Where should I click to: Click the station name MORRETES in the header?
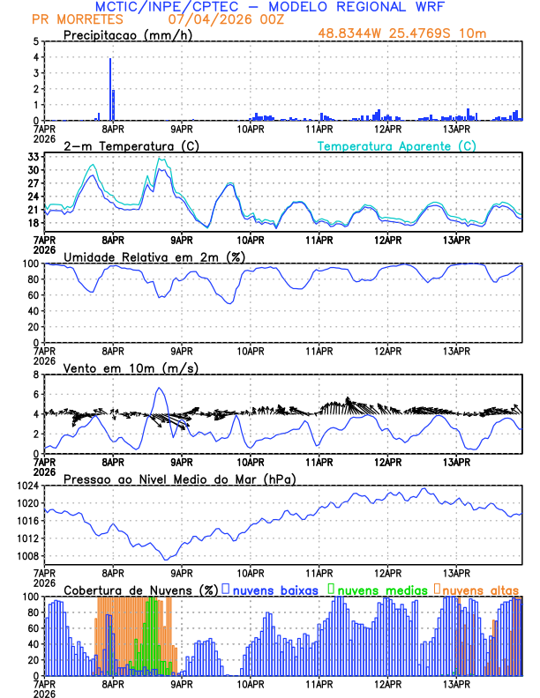click(x=84, y=19)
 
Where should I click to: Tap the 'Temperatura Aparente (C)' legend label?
click(x=396, y=145)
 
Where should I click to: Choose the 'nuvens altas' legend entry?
click(x=479, y=589)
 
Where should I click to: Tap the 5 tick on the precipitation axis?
click(x=35, y=41)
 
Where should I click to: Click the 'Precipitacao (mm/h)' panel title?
click(x=127, y=34)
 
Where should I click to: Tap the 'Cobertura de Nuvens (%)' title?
click(x=140, y=589)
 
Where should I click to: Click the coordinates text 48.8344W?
click(x=352, y=34)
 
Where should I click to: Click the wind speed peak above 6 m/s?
click(x=160, y=389)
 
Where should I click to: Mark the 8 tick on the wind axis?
click(x=35, y=375)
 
